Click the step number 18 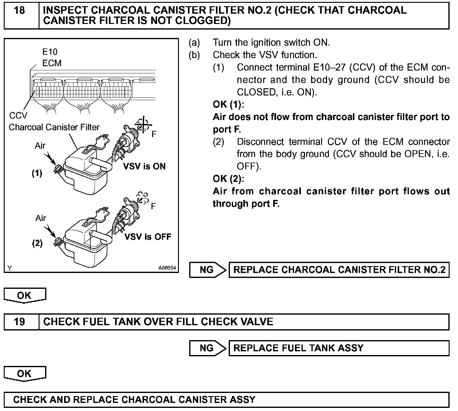tap(20, 11)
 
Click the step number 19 tap(20, 321)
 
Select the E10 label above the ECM tap(50, 52)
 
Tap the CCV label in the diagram tap(18, 116)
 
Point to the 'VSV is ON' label tap(144, 166)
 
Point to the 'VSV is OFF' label tap(148, 237)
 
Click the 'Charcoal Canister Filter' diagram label tap(54, 127)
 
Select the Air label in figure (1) tap(40, 145)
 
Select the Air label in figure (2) tap(41, 218)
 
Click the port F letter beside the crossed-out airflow tap(154, 134)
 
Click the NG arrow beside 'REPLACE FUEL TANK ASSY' tap(208, 348)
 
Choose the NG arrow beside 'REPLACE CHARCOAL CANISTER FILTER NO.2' tap(208, 270)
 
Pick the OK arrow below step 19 tap(25, 373)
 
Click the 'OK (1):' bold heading tap(228, 104)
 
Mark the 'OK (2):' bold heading tap(228, 179)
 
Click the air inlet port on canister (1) tap(57, 169)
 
